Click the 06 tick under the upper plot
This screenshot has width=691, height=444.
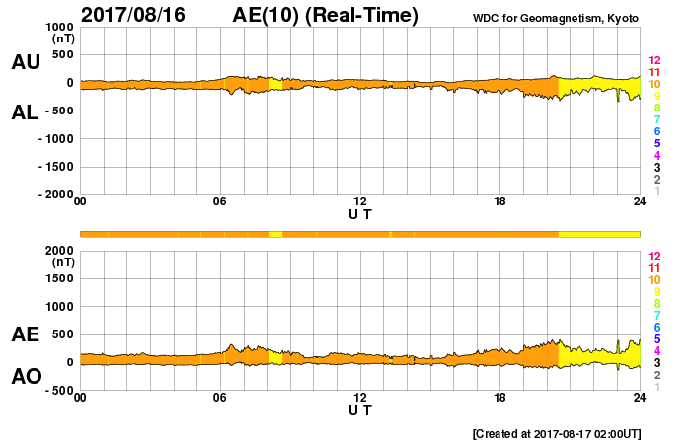[220, 202]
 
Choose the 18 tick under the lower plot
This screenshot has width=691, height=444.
[500, 397]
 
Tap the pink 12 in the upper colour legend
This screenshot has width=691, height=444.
[653, 61]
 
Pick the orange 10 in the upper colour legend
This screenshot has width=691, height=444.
[653, 85]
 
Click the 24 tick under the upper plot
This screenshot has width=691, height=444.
[640, 202]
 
